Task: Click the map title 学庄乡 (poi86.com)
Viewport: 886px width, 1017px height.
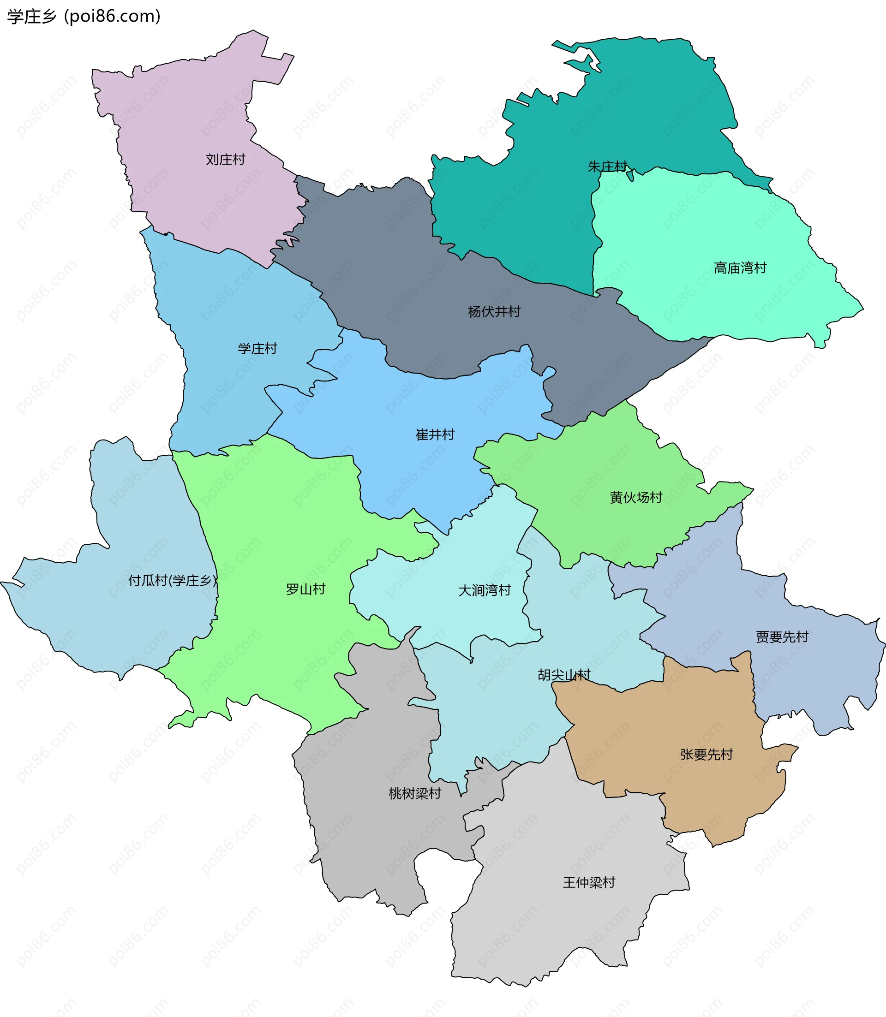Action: [84, 16]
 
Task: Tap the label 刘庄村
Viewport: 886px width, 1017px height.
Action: [226, 160]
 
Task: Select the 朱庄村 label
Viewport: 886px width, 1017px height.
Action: [607, 167]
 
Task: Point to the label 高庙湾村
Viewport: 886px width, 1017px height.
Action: [740, 268]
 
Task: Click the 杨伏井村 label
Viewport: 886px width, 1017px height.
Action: [494, 312]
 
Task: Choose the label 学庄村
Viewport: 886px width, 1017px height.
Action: [257, 349]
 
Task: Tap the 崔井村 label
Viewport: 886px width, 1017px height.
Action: [435, 435]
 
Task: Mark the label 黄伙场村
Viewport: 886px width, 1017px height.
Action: [636, 498]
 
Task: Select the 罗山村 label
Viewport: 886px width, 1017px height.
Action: [305, 589]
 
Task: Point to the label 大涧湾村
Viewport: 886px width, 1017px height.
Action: [485, 590]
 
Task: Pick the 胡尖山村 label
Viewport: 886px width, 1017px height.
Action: [563, 675]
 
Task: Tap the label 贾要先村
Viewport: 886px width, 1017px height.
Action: [782, 637]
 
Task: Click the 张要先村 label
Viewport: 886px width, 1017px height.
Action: [706, 755]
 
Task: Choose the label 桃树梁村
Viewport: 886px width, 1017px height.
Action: [415, 794]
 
